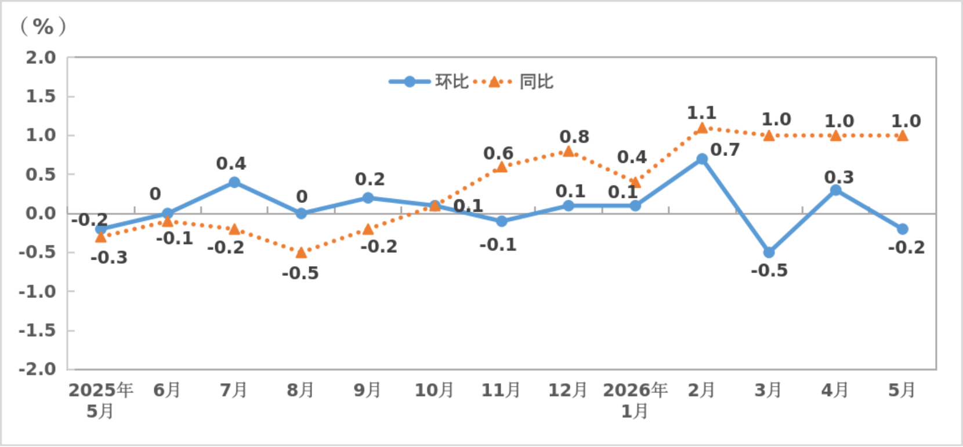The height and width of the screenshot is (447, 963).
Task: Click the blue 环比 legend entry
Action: [429, 82]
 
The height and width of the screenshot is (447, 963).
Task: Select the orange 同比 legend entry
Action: [514, 82]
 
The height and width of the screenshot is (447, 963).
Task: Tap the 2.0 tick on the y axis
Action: [41, 57]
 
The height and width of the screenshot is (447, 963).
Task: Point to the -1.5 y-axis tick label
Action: [37, 330]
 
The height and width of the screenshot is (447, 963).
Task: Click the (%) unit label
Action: [43, 27]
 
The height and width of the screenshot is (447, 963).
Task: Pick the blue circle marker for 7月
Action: [234, 182]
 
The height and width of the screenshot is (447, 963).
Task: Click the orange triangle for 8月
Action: [301, 252]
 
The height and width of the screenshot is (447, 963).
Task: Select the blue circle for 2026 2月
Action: [702, 159]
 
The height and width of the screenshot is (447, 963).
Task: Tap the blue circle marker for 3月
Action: [769, 252]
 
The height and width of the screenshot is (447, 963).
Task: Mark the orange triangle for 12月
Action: [569, 151]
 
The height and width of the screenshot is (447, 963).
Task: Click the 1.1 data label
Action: [701, 113]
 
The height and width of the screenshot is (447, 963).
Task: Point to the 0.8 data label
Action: [574, 137]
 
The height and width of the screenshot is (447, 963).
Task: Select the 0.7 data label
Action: [725, 150]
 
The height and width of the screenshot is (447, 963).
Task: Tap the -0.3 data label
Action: [109, 257]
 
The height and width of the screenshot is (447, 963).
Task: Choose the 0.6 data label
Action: [499, 153]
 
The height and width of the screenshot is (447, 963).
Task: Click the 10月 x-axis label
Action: [434, 390]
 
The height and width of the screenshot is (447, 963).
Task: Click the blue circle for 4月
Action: [836, 190]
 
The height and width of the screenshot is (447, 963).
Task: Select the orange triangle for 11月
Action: [501, 167]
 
